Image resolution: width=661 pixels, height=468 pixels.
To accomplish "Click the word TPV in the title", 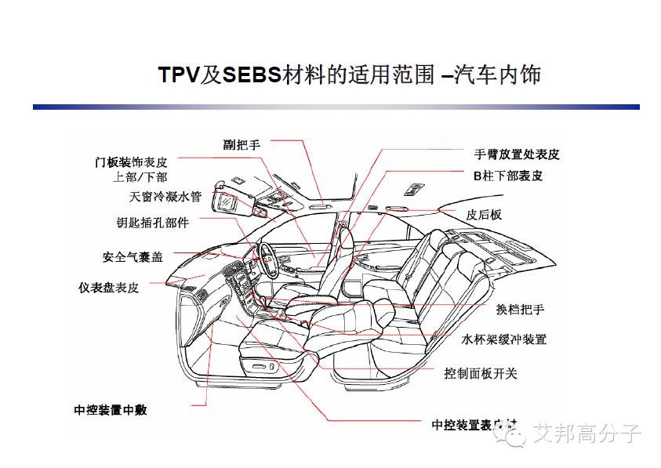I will tap(179, 75).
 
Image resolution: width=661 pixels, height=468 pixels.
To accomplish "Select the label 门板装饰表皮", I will tap(131, 162).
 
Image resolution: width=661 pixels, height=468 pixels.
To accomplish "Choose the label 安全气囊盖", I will tap(133, 257).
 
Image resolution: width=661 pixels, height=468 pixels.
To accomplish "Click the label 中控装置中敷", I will tap(111, 410).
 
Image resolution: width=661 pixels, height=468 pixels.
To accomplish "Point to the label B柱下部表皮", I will tap(507, 176).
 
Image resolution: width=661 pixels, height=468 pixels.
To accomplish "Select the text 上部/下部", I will tap(140, 177).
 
